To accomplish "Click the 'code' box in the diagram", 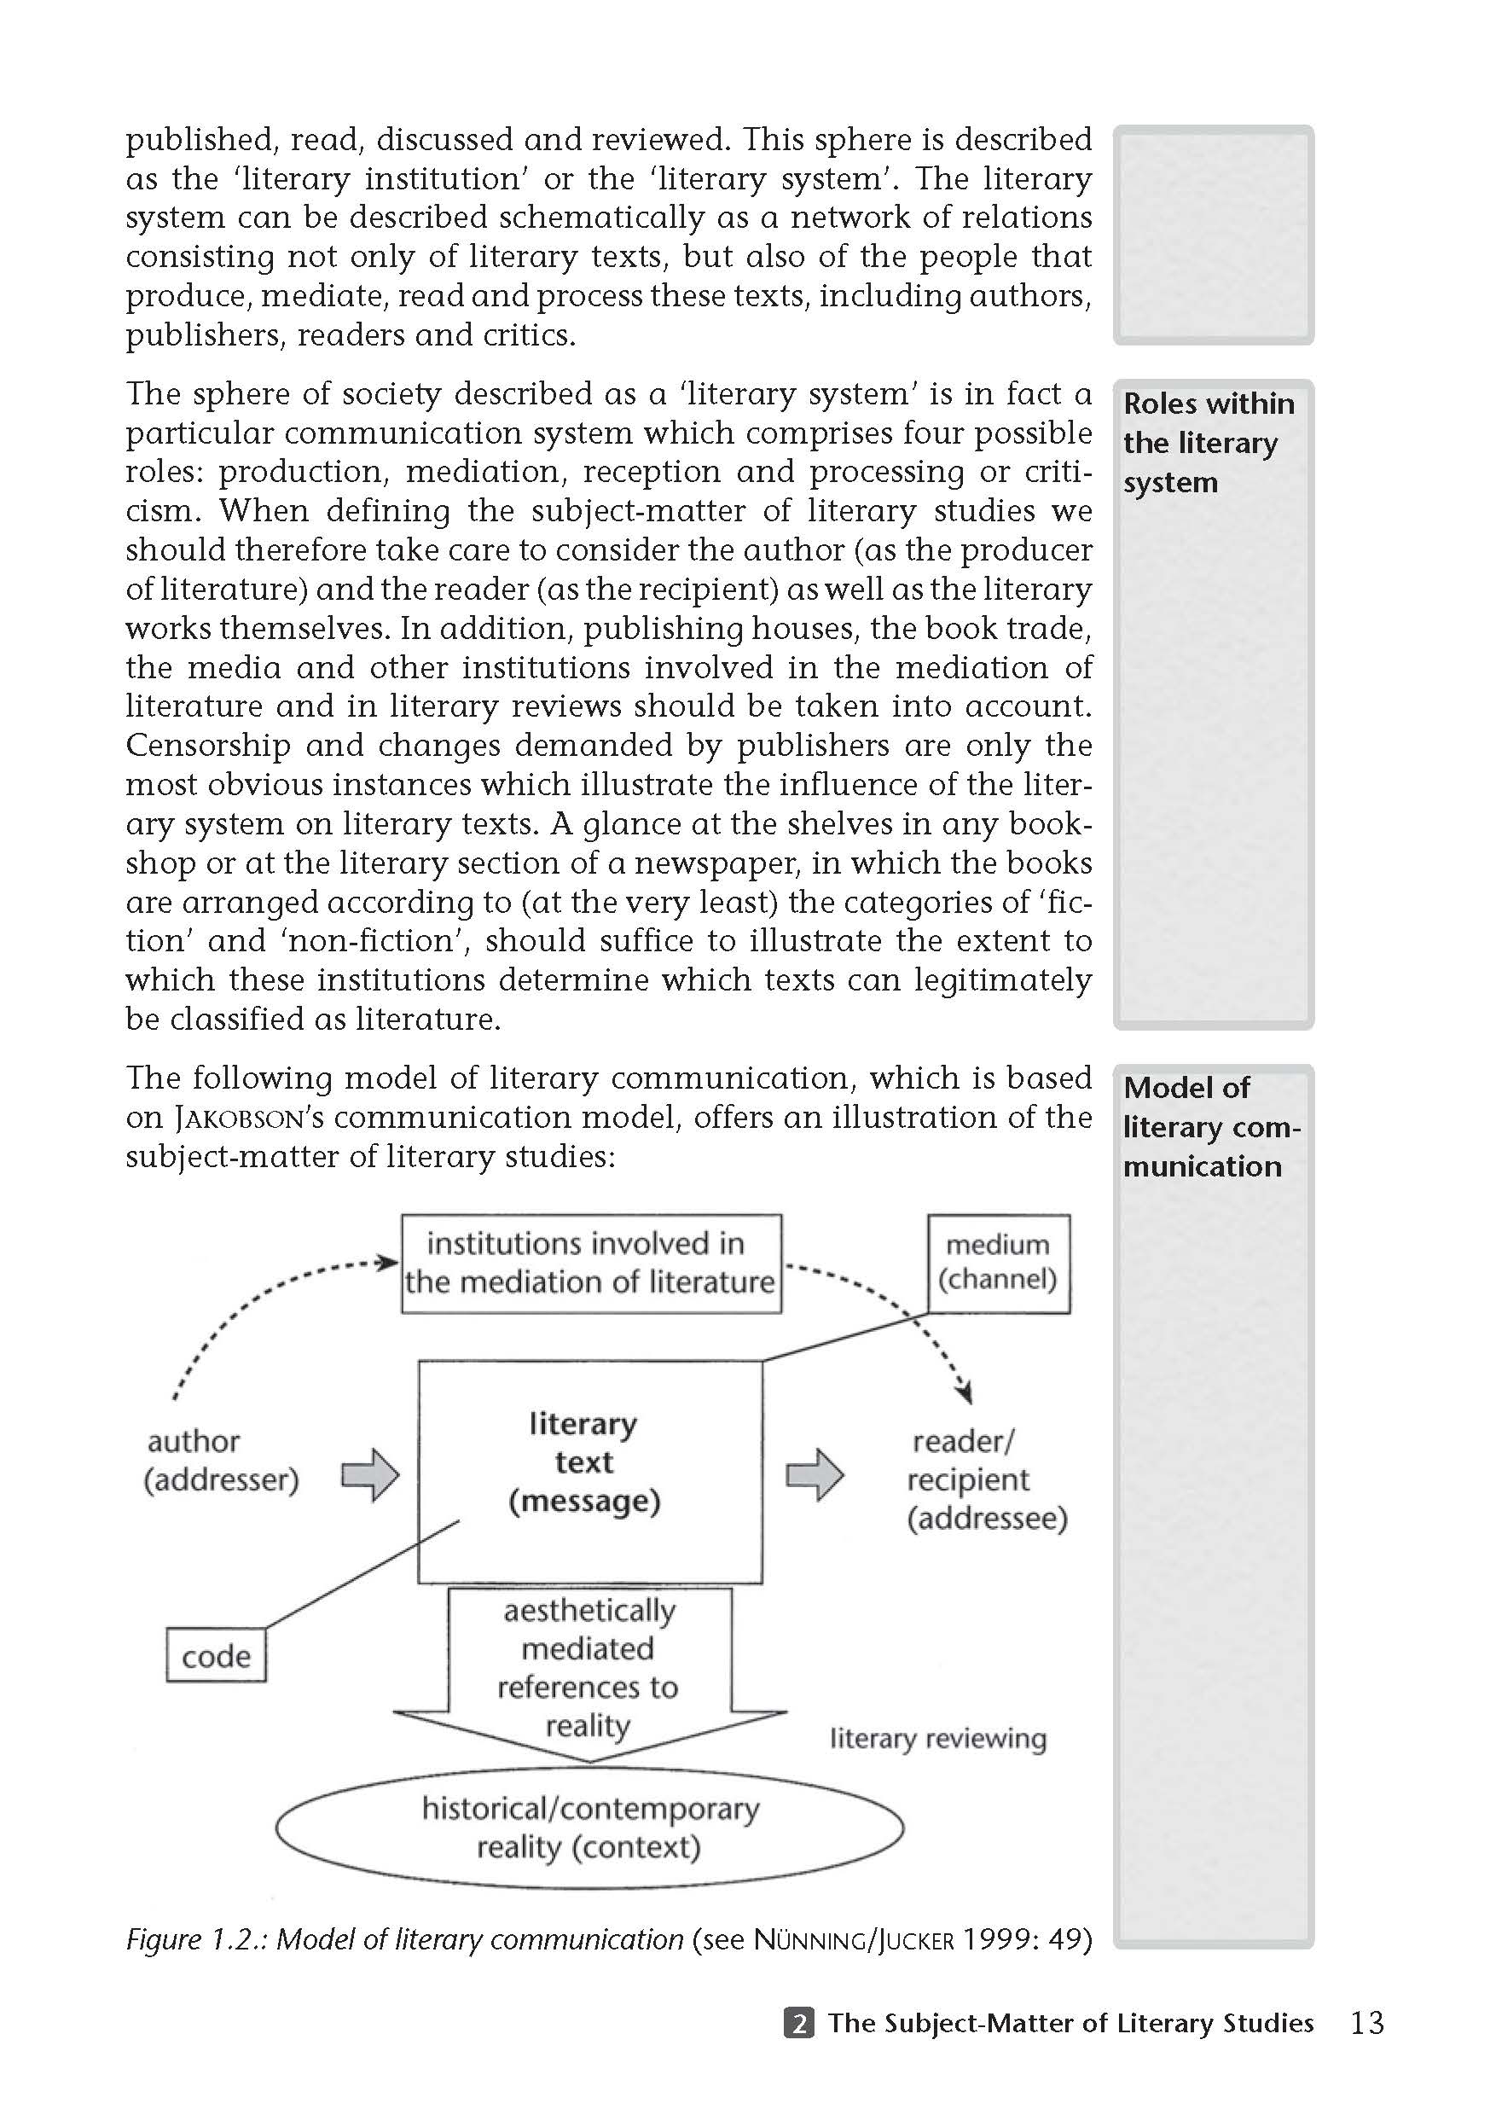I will click(x=216, y=1655).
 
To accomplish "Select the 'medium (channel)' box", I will click(x=998, y=1263).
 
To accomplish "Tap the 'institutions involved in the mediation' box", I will click(x=591, y=1263).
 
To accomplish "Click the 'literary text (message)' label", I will click(x=584, y=1462).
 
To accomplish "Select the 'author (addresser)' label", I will click(x=221, y=1461).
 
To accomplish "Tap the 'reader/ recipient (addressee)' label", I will click(x=986, y=1480).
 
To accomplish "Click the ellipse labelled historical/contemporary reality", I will click(x=589, y=1828).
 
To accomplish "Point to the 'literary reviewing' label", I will click(x=937, y=1739).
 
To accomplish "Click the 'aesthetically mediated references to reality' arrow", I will click(x=589, y=1668).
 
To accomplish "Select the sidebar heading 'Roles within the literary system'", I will click(x=1208, y=443).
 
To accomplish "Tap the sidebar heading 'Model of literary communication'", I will click(x=1209, y=1127).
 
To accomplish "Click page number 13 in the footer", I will click(x=1366, y=2023).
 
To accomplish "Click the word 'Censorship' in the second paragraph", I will click(x=209, y=746).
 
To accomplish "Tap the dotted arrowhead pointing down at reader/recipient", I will click(x=966, y=1392).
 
